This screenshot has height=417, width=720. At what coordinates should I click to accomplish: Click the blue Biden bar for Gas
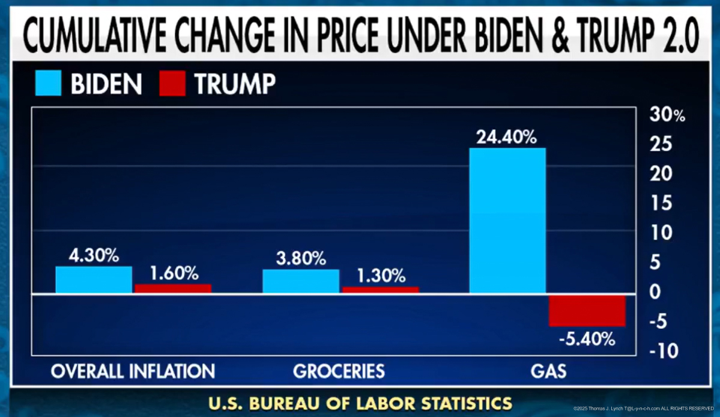(x=507, y=221)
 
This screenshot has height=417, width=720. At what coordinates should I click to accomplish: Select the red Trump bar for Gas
(x=587, y=311)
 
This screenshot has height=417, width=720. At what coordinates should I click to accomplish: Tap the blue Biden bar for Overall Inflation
(x=94, y=279)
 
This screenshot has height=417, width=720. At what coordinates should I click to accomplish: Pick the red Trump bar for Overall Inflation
(x=173, y=288)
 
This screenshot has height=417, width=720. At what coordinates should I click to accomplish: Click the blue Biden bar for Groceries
(x=301, y=281)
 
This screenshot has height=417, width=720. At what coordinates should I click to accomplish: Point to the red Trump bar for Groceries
(x=380, y=290)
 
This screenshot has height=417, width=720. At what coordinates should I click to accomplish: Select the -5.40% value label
(x=587, y=339)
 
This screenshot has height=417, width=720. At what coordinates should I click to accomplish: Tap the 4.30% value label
(x=94, y=255)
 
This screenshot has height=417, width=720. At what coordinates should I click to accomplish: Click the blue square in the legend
(x=47, y=84)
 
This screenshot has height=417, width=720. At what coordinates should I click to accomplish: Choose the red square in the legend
(x=172, y=84)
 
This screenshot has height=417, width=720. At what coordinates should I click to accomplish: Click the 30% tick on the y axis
(x=667, y=115)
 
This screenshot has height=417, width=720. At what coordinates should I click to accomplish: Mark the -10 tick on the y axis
(x=662, y=350)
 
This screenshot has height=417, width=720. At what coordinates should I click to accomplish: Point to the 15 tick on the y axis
(x=662, y=204)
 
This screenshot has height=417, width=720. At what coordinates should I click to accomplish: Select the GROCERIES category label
(x=339, y=371)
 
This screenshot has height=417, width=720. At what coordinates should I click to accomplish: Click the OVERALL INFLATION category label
(x=133, y=371)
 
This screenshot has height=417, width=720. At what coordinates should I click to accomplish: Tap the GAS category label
(x=548, y=371)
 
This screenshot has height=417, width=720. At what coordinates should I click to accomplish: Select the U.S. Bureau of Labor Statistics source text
(x=360, y=402)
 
